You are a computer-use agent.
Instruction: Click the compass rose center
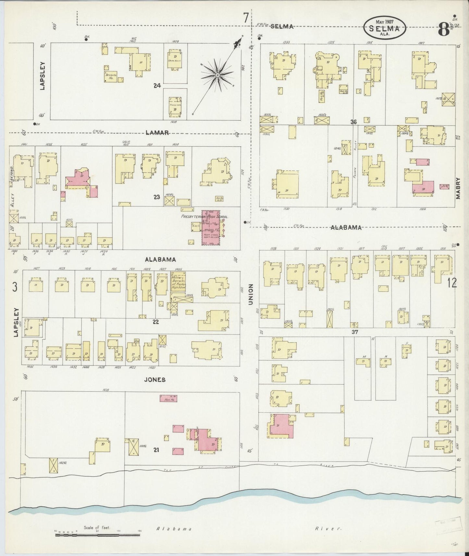pyautogui.click(x=218, y=75)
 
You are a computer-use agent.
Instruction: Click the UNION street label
pyautogui.click(x=251, y=294)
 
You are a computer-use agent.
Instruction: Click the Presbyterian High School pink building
pyautogui.click(x=211, y=231)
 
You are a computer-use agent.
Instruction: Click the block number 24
pyautogui.click(x=157, y=86)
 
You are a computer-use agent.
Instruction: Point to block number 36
pyautogui.click(x=353, y=122)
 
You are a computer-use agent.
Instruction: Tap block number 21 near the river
pyautogui.click(x=156, y=450)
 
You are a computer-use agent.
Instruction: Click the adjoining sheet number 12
pyautogui.click(x=451, y=283)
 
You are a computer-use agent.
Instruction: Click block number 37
pyautogui.click(x=354, y=332)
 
